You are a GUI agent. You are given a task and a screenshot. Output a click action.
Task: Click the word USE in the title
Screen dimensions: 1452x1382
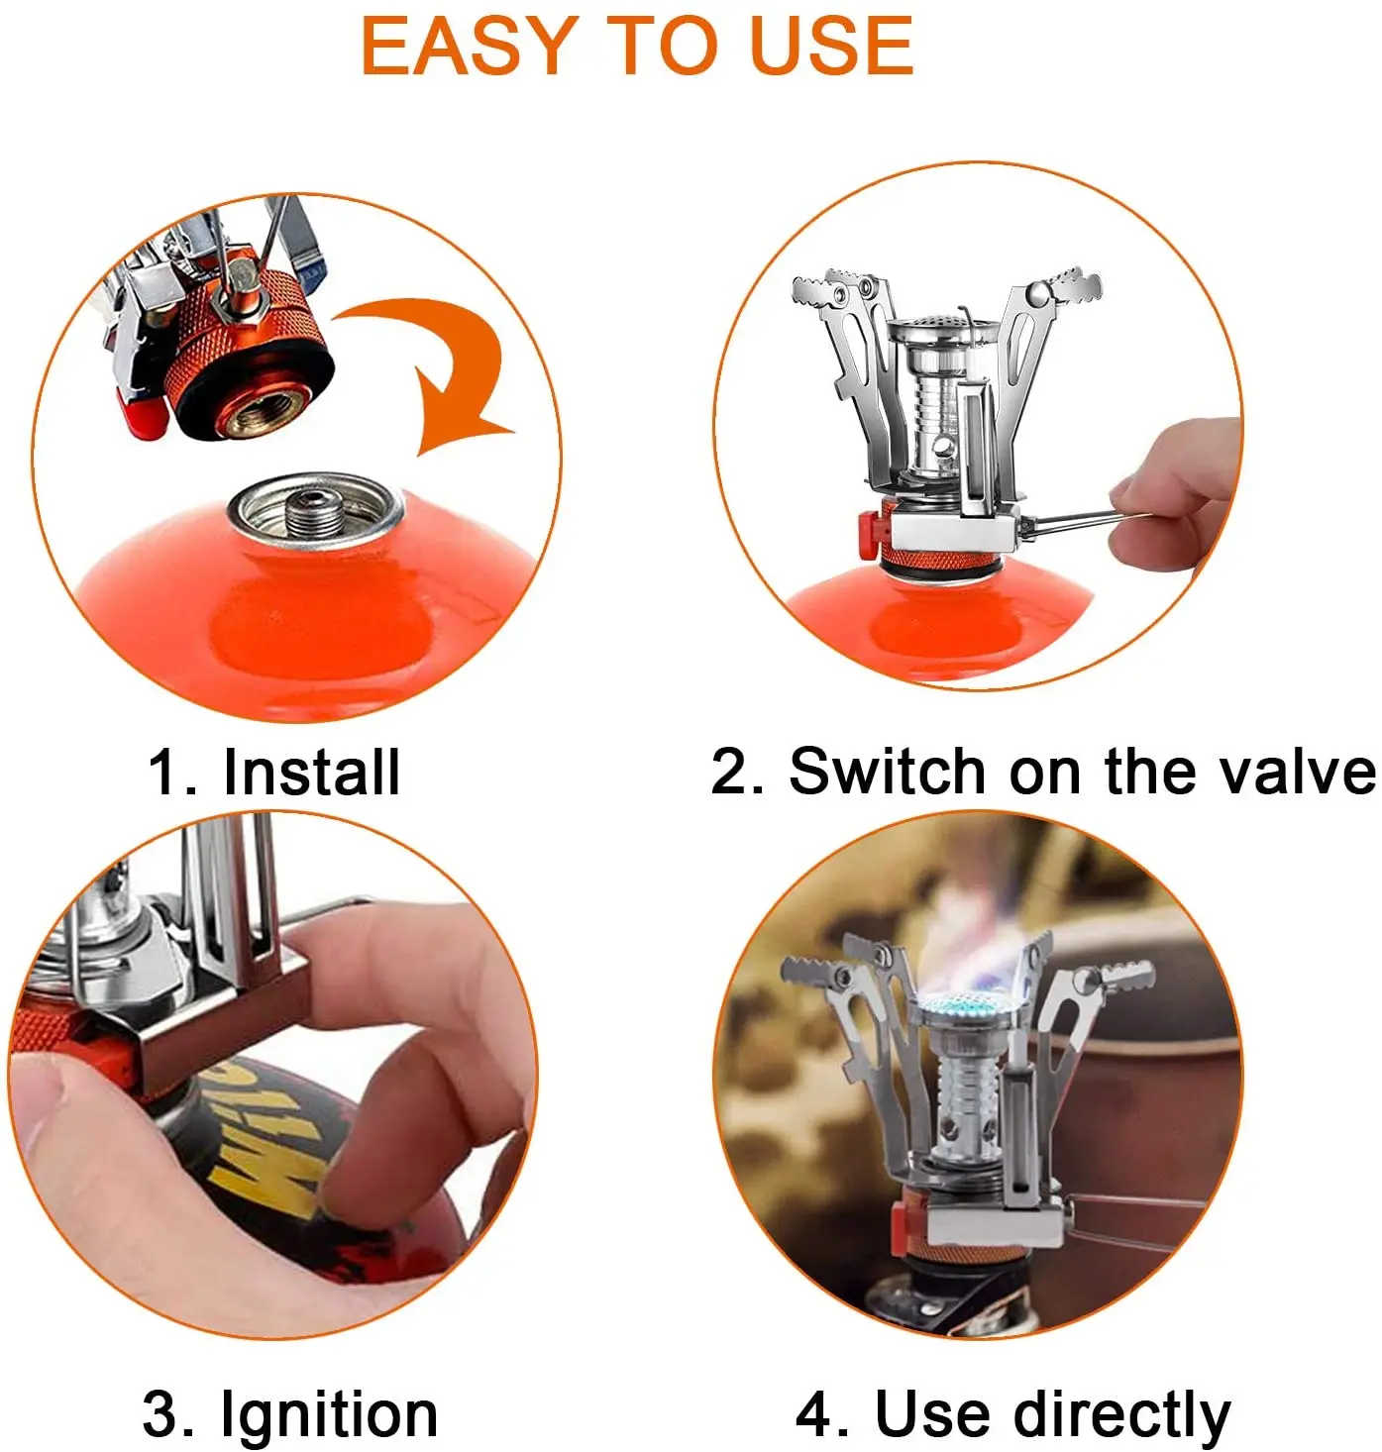pos(831,47)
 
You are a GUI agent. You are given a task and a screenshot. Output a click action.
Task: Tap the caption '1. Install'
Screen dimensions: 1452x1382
pos(274,773)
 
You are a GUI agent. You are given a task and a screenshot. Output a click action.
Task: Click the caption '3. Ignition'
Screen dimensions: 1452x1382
pos(290,1413)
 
